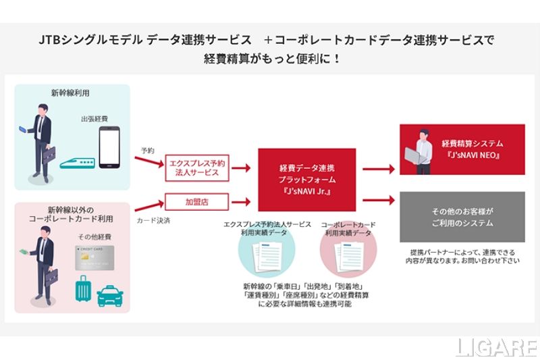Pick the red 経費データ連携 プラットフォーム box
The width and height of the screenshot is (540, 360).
[306, 179]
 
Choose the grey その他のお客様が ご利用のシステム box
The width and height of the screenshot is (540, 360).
[462, 216]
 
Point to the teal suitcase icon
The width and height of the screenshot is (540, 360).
[83, 290]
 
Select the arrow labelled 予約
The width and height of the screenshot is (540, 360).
[148, 163]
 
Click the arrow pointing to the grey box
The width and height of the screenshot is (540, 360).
[378, 200]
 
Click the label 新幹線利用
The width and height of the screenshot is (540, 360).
[70, 94]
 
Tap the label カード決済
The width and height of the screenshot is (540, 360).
[150, 220]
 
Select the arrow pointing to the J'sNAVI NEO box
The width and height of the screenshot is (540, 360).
[378, 170]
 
